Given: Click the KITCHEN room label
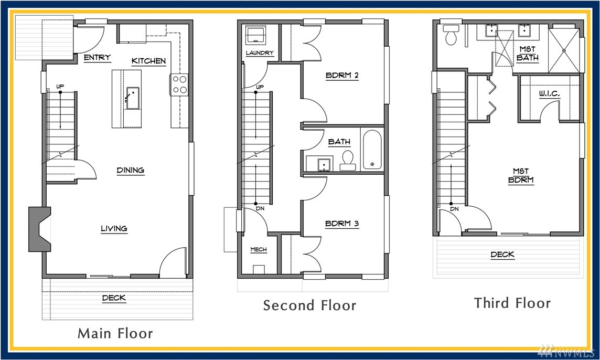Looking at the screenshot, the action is [x=148, y=61].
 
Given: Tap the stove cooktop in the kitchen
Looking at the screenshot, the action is [x=179, y=84].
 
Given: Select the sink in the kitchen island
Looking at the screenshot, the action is [x=132, y=98].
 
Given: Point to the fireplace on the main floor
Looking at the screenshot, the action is [x=39, y=229].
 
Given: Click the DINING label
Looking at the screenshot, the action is [x=131, y=170].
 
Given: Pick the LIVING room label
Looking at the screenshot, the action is [x=114, y=229].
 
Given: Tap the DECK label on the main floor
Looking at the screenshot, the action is [x=114, y=298].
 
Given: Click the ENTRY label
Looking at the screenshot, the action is [x=97, y=57].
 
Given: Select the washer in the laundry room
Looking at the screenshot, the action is [x=256, y=35].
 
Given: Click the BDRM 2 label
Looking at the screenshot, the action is [x=342, y=75].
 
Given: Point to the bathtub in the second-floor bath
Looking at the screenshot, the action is [x=372, y=150].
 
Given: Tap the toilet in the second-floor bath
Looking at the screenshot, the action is [x=347, y=161].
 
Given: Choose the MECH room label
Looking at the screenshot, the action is [x=258, y=250].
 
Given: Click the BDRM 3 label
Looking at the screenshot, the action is [x=342, y=224].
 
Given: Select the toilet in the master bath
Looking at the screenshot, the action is [x=451, y=35].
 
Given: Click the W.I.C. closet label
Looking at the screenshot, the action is [x=550, y=93].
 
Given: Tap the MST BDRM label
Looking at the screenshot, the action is [x=521, y=176].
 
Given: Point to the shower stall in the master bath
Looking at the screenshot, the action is [x=564, y=50].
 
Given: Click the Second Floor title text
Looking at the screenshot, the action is [x=309, y=305].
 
